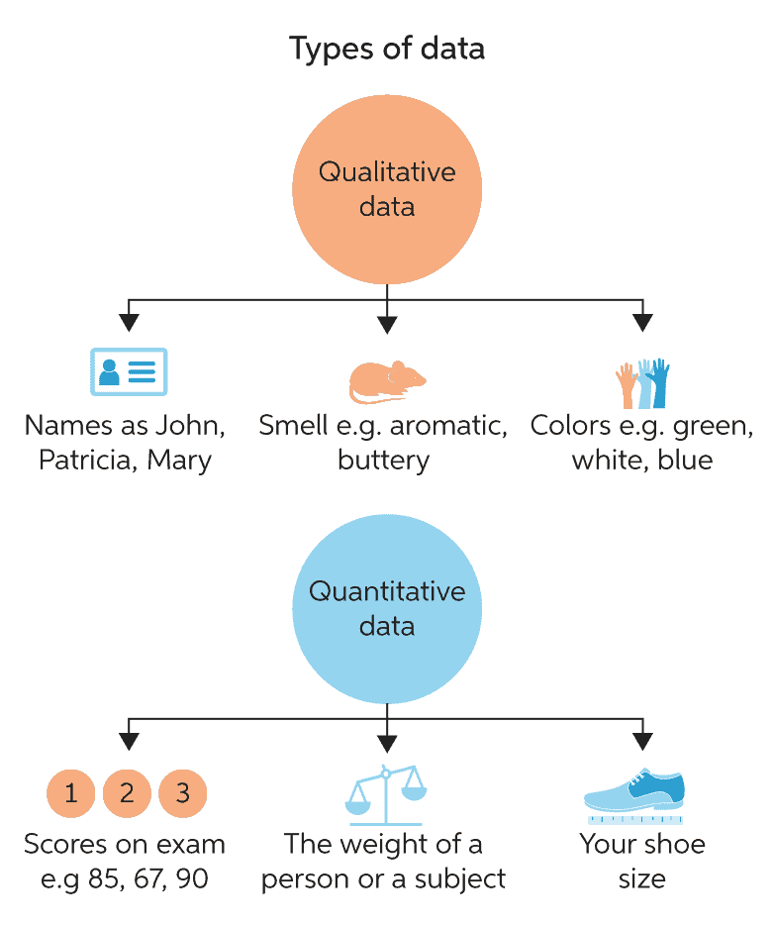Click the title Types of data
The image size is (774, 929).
tap(387, 48)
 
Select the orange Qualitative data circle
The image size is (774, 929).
tap(387, 189)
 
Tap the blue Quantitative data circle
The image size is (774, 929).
tap(387, 608)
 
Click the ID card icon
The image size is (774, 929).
tap(129, 371)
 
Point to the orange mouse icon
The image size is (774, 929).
tap(387, 379)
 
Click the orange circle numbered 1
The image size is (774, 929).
tap(71, 792)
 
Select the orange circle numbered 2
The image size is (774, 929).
tap(127, 792)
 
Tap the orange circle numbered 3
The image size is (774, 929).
tap(182, 792)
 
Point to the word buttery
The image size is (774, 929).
tap(383, 460)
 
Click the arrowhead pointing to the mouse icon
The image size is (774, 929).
tap(387, 324)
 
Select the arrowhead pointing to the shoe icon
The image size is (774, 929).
tap(642, 742)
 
